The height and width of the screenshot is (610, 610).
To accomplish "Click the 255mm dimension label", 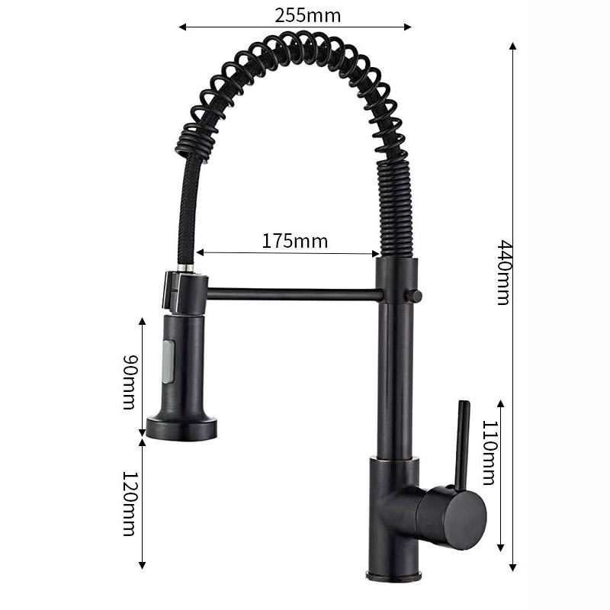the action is pyautogui.click(x=308, y=16).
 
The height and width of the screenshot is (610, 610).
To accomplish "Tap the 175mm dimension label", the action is pyautogui.click(x=295, y=241).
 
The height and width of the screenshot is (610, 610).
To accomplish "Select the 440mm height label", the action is pyautogui.click(x=505, y=272).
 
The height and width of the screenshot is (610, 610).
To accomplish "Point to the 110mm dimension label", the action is pyautogui.click(x=490, y=453).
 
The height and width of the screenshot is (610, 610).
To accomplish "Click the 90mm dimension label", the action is pyautogui.click(x=130, y=382).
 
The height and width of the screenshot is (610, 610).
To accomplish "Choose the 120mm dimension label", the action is pyautogui.click(x=130, y=504).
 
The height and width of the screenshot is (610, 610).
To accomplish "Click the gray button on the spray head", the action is pyautogui.click(x=169, y=361).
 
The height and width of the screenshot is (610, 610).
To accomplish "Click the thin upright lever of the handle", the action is pyautogui.click(x=463, y=445).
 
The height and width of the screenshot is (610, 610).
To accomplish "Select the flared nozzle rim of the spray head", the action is pyautogui.click(x=181, y=429).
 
